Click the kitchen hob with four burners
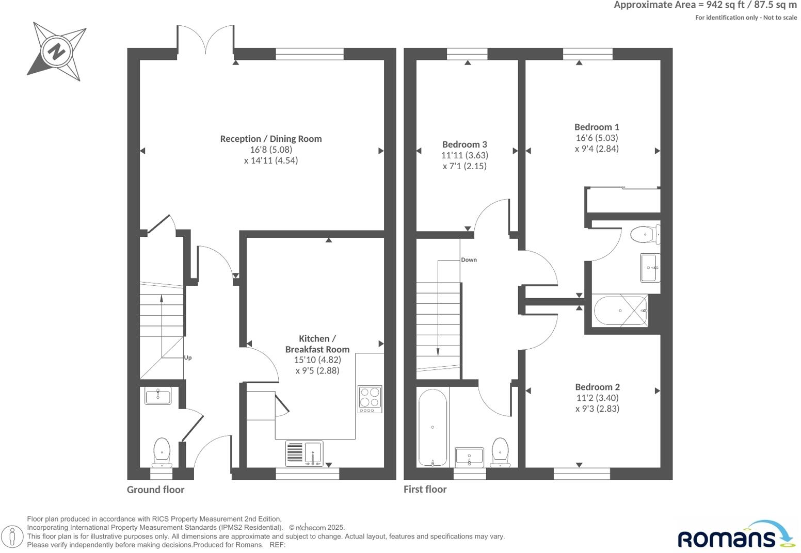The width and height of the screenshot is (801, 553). [370, 399]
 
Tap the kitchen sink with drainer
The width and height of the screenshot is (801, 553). [305, 453]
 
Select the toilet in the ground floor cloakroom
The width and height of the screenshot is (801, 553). [162, 452]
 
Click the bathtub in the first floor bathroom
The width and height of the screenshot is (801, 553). [432, 428]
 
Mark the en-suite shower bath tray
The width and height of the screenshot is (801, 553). [620, 311]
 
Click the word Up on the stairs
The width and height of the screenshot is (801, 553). [188, 358]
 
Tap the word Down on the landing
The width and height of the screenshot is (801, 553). [469, 260]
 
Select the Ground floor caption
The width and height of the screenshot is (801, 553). [155, 490]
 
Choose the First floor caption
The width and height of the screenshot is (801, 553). [425, 489]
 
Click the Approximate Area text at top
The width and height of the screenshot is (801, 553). [704, 5]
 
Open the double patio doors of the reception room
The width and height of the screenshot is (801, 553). [206, 40]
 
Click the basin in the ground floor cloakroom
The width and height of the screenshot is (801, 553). [157, 397]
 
